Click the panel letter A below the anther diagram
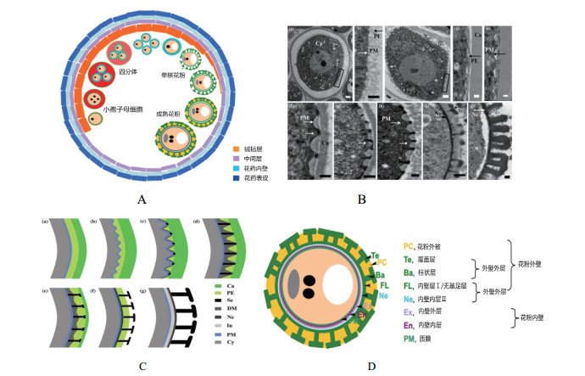click(x=142, y=200)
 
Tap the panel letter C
click(x=142, y=367)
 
